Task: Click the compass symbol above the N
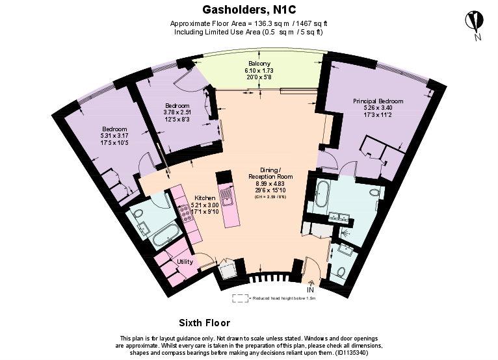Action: pos(474,20)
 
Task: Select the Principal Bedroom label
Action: pos(378,101)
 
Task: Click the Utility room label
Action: pos(185,261)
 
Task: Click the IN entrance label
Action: pos(310,289)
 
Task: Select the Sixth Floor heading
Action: pos(204,322)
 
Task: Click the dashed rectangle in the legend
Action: pos(240,298)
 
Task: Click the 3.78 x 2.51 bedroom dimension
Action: pos(177,112)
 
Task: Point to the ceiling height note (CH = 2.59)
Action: pos(270,196)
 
